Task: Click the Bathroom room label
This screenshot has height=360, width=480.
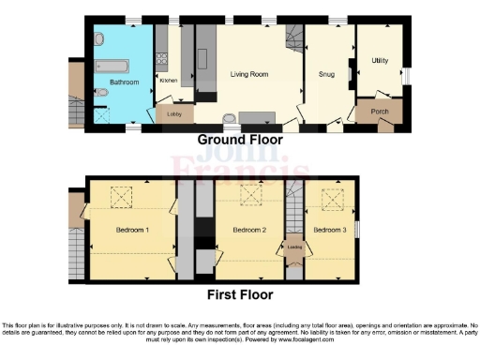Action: [x=125, y=82]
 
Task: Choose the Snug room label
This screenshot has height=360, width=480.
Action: [x=327, y=74]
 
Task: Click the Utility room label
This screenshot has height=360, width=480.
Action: [x=380, y=60]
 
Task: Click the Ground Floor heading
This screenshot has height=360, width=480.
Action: [x=241, y=139]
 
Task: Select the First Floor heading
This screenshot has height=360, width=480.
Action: [x=242, y=294]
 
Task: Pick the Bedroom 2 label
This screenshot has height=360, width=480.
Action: [x=250, y=230]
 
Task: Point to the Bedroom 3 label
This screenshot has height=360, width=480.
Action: [x=330, y=230]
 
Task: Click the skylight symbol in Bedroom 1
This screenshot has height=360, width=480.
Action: [x=122, y=196]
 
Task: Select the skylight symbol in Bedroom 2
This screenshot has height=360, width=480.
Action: [x=250, y=196]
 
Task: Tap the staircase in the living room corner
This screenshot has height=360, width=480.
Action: [x=294, y=37]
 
